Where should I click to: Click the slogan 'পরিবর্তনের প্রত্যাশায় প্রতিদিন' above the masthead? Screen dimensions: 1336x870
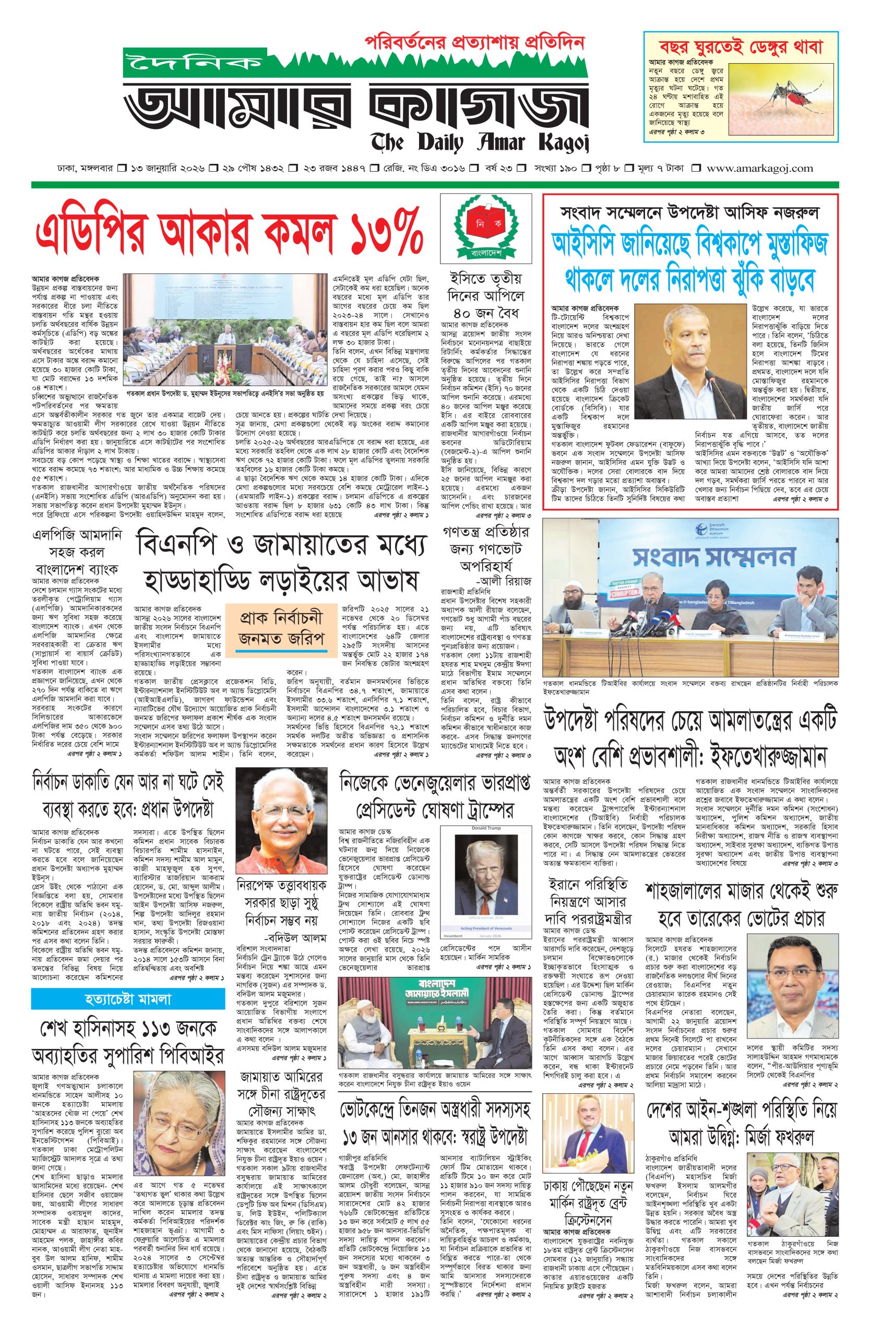[474, 42]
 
